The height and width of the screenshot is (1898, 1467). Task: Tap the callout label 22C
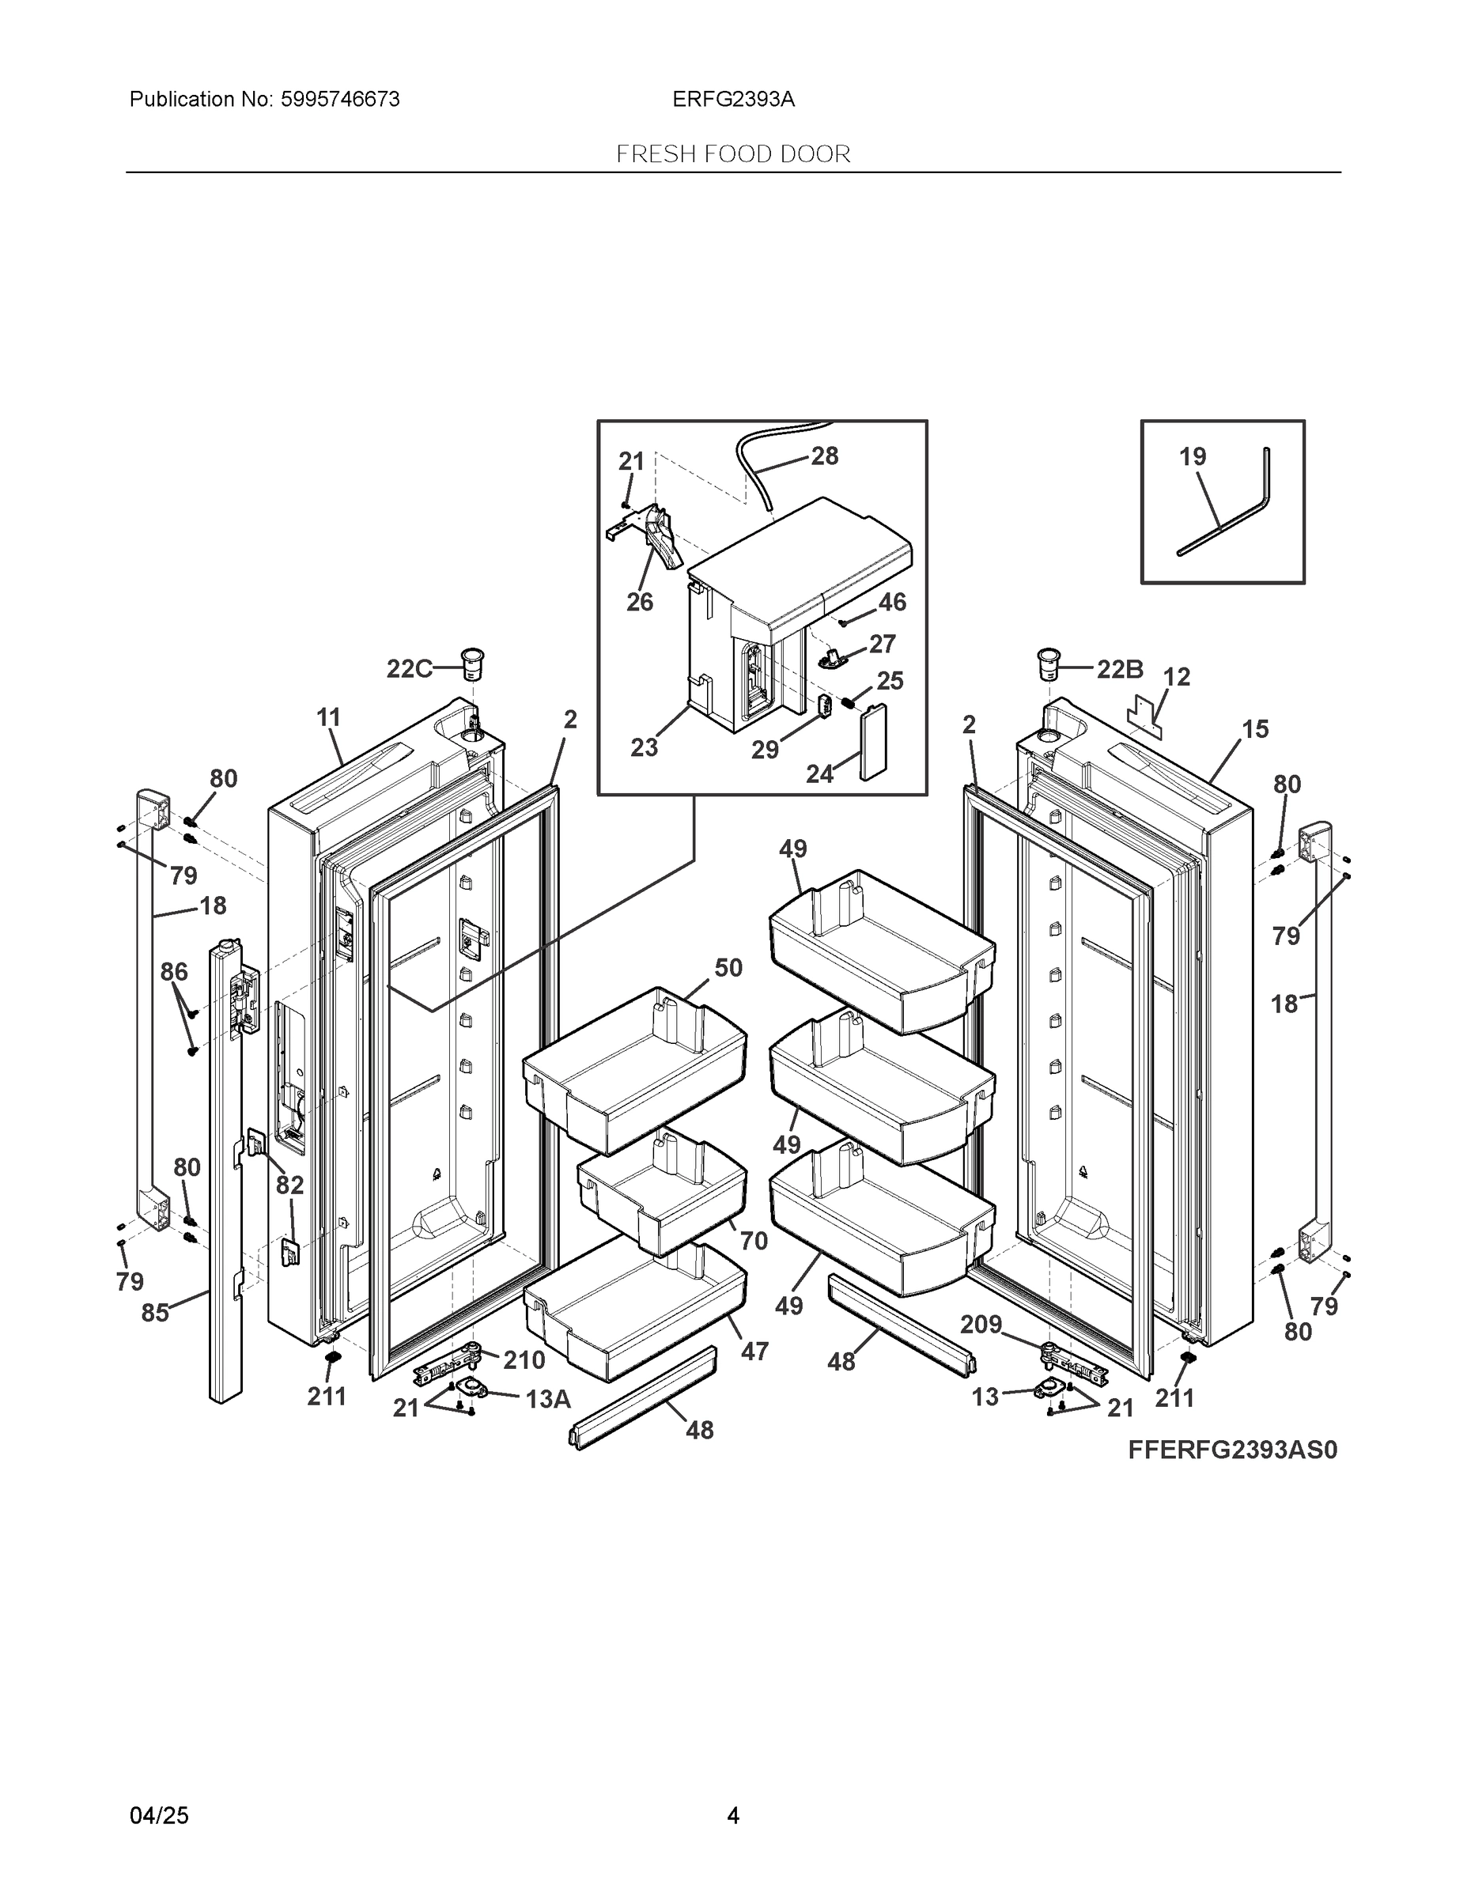pos(408,669)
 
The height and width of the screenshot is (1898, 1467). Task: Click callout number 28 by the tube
pos(824,456)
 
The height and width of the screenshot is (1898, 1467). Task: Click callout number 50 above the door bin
pos(728,967)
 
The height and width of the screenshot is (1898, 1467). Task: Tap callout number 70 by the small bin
pos(754,1241)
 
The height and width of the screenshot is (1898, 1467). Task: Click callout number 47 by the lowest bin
pos(754,1352)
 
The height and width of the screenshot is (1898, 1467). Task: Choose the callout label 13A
pos(547,1399)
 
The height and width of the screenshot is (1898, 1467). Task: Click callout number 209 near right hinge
pos(981,1325)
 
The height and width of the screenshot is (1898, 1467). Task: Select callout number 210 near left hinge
pos(524,1360)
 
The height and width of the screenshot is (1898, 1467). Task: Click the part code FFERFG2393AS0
pos(1232,1450)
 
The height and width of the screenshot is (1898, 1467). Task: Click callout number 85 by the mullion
pos(156,1312)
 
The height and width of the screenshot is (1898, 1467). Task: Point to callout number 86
pos(174,972)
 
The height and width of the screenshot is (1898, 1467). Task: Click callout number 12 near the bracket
pos(1177,677)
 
